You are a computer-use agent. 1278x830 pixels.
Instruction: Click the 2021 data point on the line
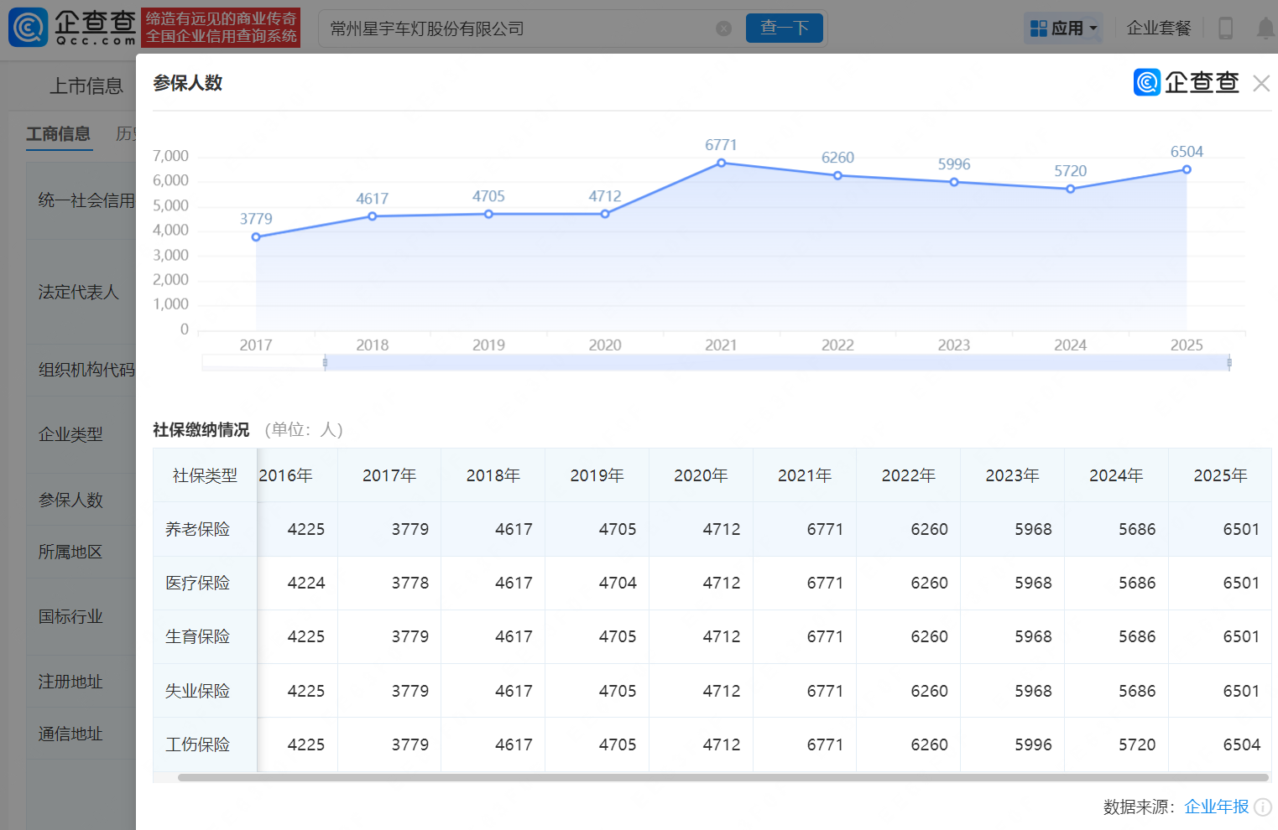pyautogui.click(x=721, y=163)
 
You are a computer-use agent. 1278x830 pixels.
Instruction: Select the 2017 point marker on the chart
pyautogui.click(x=256, y=236)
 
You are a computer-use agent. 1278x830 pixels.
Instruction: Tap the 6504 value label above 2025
pyautogui.click(x=1187, y=152)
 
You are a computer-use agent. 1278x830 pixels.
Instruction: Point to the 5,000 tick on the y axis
pyautogui.click(x=170, y=205)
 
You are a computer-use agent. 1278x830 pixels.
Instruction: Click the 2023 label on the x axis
pyautogui.click(x=954, y=345)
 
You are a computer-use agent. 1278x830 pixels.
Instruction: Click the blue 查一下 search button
pyautogui.click(x=785, y=28)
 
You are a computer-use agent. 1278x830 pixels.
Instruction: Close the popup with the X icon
pyautogui.click(x=1261, y=84)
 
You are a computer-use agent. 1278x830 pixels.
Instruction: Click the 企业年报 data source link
pyautogui.click(x=1217, y=807)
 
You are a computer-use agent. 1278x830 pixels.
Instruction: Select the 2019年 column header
pyautogui.click(x=597, y=475)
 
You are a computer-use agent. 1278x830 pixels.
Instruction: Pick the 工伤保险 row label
pyautogui.click(x=197, y=744)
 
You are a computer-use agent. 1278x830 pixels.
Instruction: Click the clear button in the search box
pyautogui.click(x=723, y=29)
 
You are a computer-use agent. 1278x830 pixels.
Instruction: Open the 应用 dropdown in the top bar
pyautogui.click(x=1063, y=28)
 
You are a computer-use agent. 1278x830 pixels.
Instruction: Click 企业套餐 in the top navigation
pyautogui.click(x=1159, y=28)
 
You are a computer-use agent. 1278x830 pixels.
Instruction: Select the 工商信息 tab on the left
pyautogui.click(x=58, y=134)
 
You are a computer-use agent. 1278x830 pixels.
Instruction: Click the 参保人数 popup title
pyautogui.click(x=187, y=83)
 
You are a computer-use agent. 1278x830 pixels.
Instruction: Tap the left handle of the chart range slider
pyautogui.click(x=326, y=362)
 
